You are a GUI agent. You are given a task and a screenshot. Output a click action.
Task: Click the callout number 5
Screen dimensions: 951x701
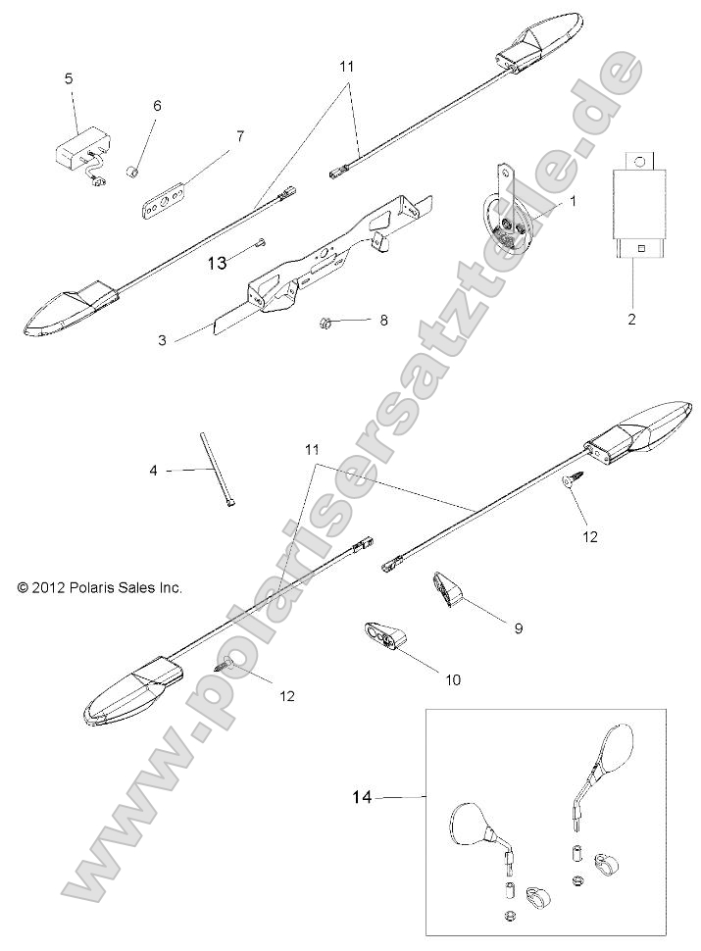69,78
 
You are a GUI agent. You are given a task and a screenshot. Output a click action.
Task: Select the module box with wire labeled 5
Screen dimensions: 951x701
75,153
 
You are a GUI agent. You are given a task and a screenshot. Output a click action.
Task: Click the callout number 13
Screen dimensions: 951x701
217,262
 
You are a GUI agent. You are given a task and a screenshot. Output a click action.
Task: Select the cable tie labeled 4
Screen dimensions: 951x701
218,471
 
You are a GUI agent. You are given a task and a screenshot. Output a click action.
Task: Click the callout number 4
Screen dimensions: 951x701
153,471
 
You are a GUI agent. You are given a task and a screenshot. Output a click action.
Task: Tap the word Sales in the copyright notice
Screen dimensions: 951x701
133,588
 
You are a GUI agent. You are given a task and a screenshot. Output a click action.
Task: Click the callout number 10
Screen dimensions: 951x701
453,678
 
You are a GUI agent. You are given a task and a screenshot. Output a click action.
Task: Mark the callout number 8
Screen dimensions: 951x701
383,320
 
